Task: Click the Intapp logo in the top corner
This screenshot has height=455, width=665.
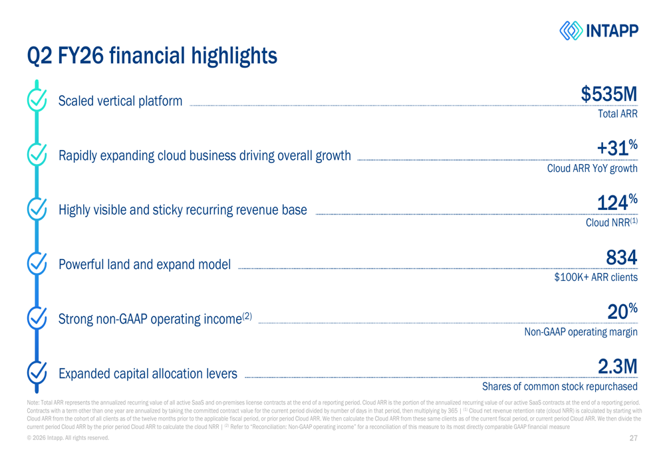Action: click(x=598, y=31)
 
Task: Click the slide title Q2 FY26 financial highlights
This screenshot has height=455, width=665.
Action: click(x=152, y=56)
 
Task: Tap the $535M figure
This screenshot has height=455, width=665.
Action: click(x=609, y=94)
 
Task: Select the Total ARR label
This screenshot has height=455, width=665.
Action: click(x=618, y=114)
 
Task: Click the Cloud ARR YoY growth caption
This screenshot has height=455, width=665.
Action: click(x=592, y=169)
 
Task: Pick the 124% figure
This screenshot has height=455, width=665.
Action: click(x=617, y=202)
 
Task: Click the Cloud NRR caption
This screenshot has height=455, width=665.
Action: click(x=611, y=223)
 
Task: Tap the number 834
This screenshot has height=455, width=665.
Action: click(x=622, y=256)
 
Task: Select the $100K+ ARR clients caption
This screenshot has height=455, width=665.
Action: click(x=596, y=278)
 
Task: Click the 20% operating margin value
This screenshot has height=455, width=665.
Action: click(x=622, y=311)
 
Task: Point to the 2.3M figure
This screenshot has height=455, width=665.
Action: click(x=618, y=366)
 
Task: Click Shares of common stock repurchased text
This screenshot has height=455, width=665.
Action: click(x=559, y=387)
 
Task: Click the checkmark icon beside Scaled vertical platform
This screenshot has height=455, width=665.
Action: click(x=36, y=100)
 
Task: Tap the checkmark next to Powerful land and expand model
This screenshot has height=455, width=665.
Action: click(x=36, y=264)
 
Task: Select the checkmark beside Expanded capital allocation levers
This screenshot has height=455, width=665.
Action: click(x=36, y=373)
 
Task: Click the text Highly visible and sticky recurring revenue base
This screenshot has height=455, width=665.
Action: click(x=183, y=211)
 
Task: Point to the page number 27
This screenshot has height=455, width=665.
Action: click(x=633, y=438)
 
